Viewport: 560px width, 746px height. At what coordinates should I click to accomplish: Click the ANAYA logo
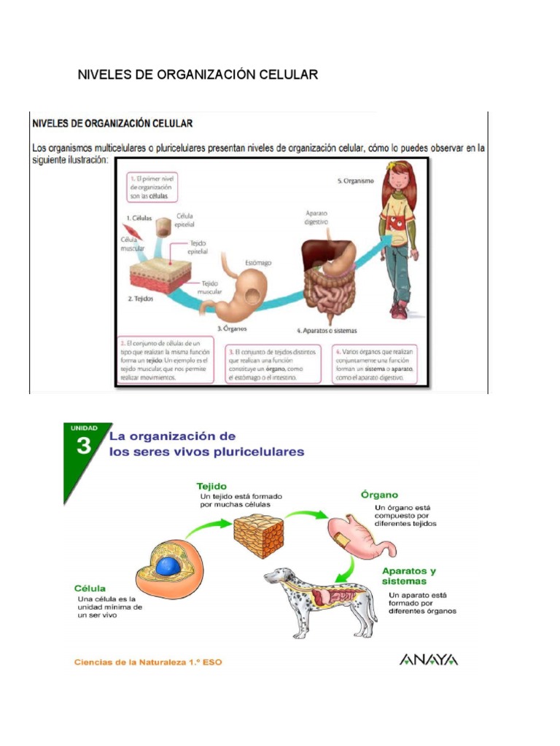429,659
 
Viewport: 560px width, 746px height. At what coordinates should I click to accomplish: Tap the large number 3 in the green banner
84,446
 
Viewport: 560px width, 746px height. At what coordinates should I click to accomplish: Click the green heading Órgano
379,494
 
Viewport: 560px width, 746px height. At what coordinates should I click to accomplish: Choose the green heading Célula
90,588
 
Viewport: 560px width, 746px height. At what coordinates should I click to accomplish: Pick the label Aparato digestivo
316,216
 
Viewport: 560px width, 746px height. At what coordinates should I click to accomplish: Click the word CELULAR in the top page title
289,75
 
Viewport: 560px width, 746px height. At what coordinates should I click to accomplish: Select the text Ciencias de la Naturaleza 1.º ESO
148,662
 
